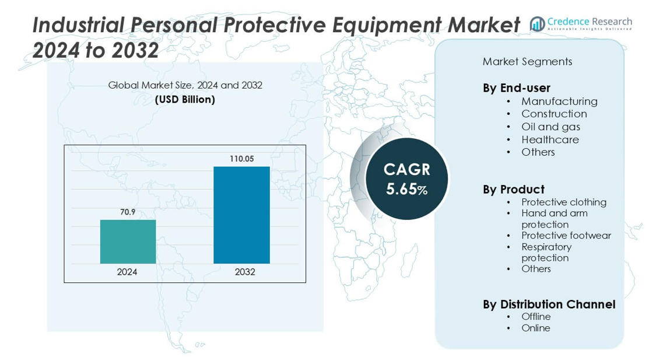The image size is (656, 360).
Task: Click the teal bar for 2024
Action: tap(128, 242)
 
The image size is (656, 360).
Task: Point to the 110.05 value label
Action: tap(241, 159)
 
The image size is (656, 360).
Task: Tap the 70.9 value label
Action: tap(128, 212)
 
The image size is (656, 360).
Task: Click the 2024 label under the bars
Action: tap(127, 272)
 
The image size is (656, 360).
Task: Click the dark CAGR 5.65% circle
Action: tap(406, 179)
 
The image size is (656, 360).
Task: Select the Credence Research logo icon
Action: tap(537, 23)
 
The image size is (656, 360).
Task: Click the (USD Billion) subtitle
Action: tap(185, 100)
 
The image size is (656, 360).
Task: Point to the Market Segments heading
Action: tap(527, 62)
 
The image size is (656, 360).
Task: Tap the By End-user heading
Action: tap(516, 88)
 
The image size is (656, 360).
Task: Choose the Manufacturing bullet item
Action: tap(559, 102)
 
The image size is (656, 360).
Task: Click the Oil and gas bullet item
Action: tap(550, 127)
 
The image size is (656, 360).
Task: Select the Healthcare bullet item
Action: tap(550, 139)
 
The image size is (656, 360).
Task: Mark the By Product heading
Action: tap(513, 190)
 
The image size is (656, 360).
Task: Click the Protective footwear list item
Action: tap(566, 236)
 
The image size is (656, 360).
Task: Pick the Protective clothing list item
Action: tap(564, 202)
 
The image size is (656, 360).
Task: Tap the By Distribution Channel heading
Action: tap(549, 305)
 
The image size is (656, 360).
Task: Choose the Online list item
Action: tap(535, 328)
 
